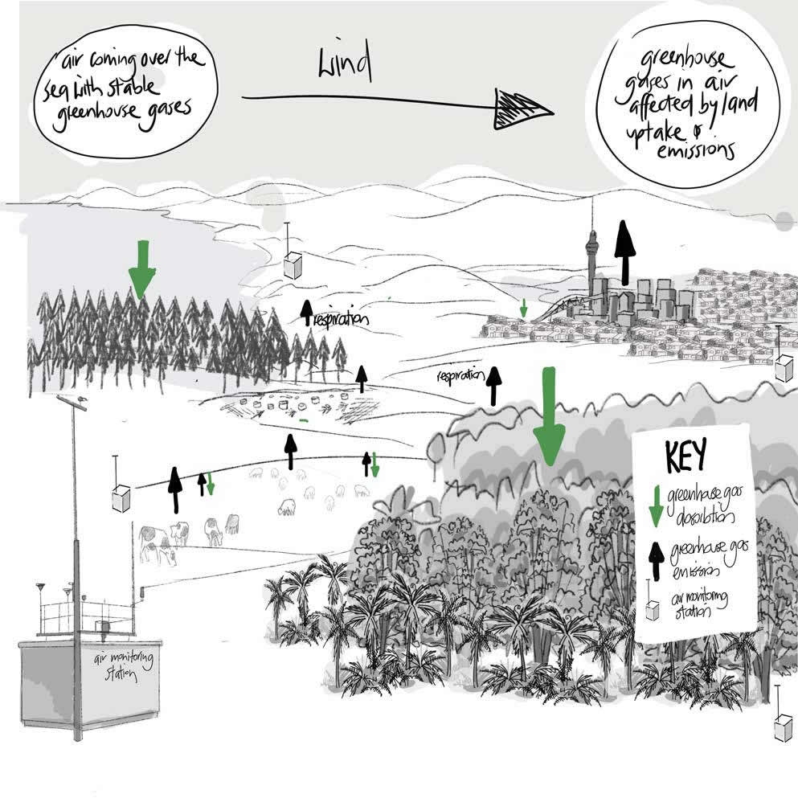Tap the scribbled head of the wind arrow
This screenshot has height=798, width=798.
click(522, 109)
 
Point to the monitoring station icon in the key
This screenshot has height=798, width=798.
click(653, 608)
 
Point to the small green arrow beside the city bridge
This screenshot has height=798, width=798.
click(523, 308)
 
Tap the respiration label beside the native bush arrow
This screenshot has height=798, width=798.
click(459, 375)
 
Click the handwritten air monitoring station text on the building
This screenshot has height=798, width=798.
click(124, 666)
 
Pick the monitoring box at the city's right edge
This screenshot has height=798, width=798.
click(784, 368)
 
